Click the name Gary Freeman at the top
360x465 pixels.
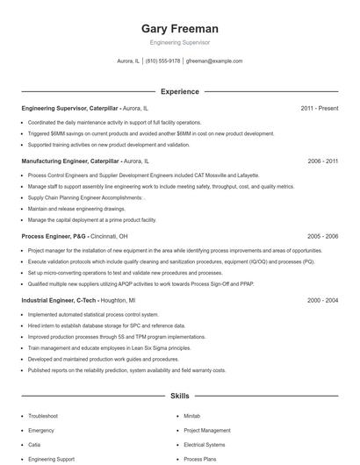point(179,28)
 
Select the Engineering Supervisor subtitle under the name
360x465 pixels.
point(179,42)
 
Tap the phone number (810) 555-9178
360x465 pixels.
point(162,61)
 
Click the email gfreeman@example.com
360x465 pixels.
point(214,61)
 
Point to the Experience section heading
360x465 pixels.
point(179,91)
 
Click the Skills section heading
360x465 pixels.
point(179,397)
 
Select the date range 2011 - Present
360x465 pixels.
point(319,108)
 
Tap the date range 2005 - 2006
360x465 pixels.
point(322,236)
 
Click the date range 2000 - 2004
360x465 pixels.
point(322,300)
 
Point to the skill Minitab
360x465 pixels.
point(192,415)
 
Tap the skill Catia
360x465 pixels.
point(35,445)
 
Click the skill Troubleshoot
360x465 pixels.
point(43,415)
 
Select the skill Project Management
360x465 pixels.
point(206,430)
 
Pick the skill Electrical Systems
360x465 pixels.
point(204,445)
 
